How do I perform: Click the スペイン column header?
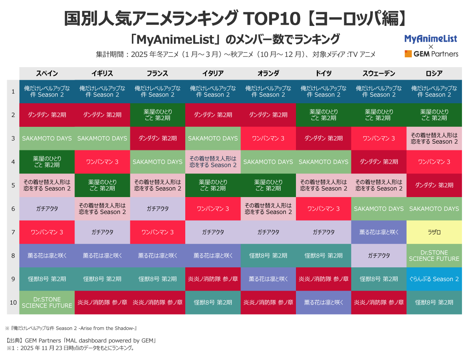pos(47,73)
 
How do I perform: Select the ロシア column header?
pos(434,73)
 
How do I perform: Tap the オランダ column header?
pos(268,73)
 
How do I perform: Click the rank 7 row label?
pos(13,232)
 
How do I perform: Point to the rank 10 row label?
pos(13,302)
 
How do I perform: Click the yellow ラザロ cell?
pos(434,232)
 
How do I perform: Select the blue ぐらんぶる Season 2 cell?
pos(434,279)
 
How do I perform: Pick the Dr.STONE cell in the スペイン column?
pos(47,302)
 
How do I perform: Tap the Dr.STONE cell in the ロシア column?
pos(434,256)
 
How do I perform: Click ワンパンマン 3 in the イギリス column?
pos(102,162)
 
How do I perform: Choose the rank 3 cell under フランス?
pos(158,138)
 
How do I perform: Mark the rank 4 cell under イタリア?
pos(213,162)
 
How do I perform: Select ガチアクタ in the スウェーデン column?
pos(379,256)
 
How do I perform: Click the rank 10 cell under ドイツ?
pos(324,302)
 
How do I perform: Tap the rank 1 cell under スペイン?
pos(47,91)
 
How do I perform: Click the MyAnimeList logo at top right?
pos(431,38)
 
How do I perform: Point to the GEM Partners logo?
pos(431,54)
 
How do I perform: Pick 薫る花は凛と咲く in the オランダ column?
pos(268,279)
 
